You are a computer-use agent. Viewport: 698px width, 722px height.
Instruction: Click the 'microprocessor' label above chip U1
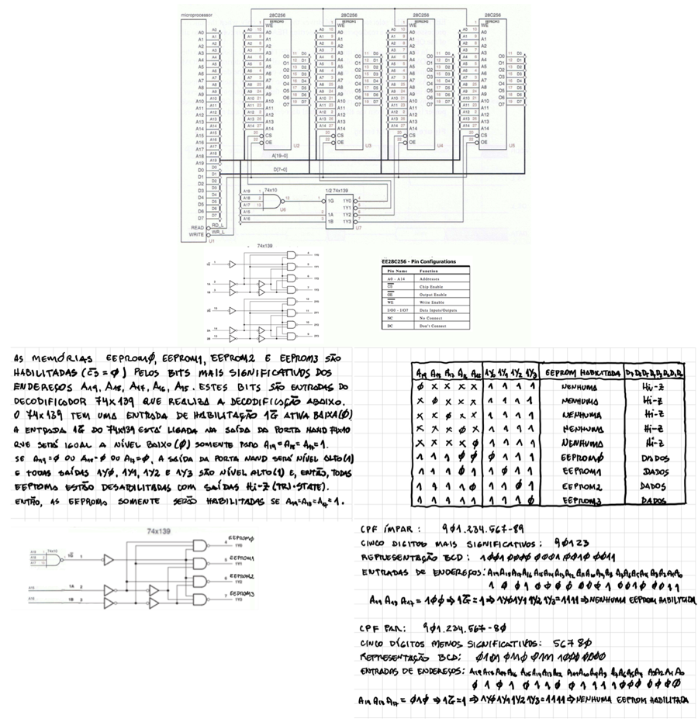point(196,15)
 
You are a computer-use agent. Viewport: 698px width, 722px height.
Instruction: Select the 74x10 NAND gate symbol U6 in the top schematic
point(274,202)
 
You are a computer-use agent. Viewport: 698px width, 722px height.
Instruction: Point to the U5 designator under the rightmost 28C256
point(513,145)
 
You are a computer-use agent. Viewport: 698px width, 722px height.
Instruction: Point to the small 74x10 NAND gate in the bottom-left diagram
point(54,557)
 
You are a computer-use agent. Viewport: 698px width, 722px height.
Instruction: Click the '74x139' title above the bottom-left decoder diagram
point(158,531)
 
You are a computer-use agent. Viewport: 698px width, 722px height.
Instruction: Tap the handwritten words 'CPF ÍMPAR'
point(389,530)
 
